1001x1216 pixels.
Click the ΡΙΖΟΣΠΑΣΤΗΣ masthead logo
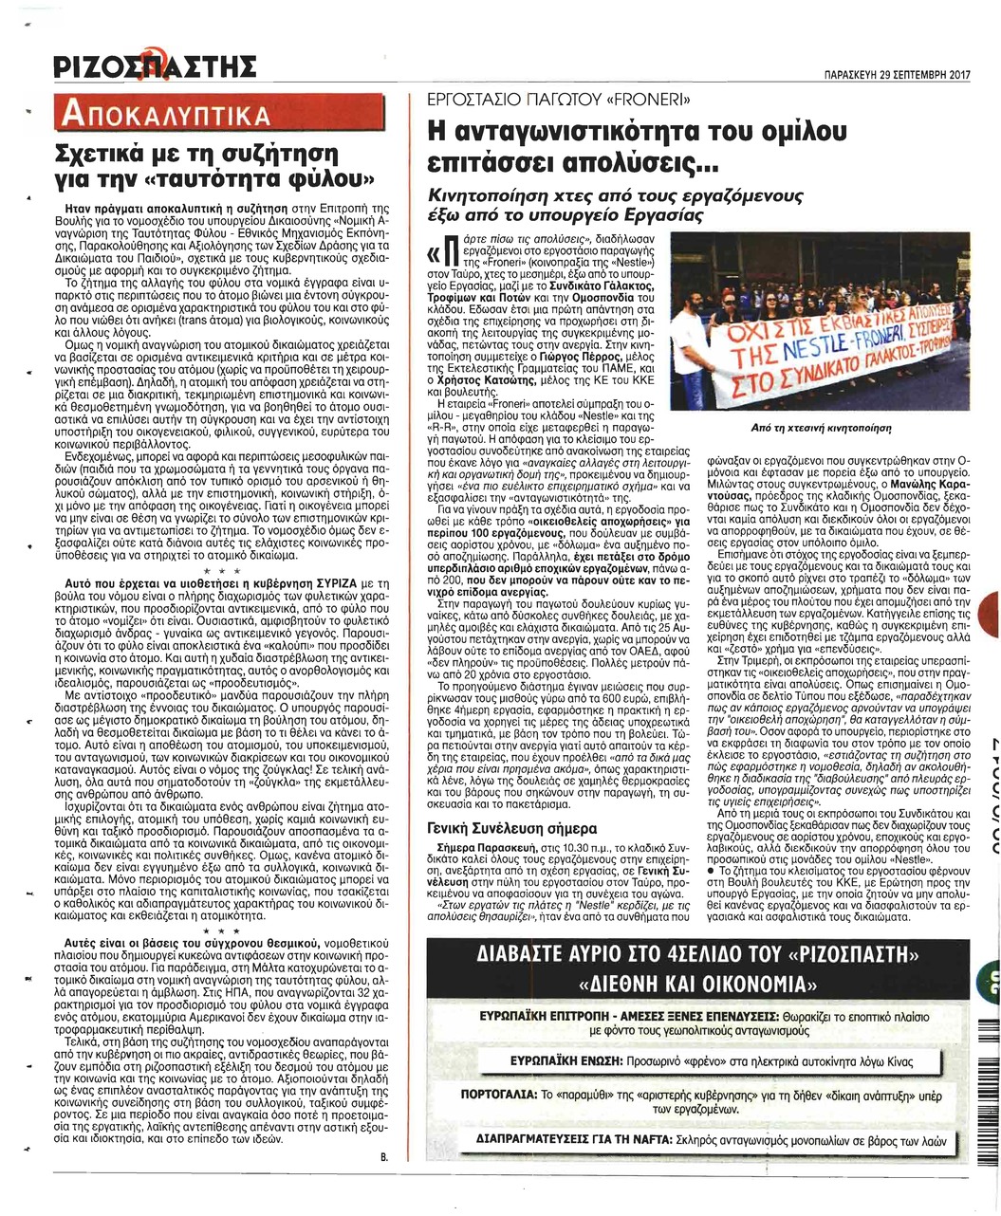click(x=153, y=69)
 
